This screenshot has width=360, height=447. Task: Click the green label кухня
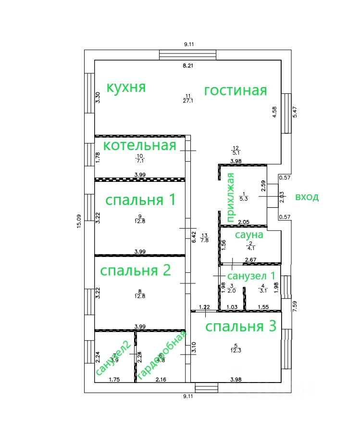tap(125, 88)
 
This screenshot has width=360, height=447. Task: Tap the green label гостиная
tap(235, 90)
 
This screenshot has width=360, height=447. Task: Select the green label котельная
tap(140, 145)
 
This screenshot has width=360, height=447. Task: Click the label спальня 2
tap(135, 270)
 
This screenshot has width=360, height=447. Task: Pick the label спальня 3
tap(241, 327)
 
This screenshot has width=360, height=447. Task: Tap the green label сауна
tap(248, 235)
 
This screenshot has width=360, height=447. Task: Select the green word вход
tap(307, 197)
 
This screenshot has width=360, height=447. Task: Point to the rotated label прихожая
tap(230, 197)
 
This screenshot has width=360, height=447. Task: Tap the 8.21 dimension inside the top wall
tap(187, 66)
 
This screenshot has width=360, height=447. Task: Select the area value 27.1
tap(187, 101)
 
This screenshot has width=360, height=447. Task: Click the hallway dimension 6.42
tap(194, 237)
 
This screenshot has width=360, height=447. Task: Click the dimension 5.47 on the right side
tap(295, 112)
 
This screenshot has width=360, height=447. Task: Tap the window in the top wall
tap(188, 55)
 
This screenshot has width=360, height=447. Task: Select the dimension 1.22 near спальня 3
tap(205, 307)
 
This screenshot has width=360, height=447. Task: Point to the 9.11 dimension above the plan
tap(187, 44)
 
